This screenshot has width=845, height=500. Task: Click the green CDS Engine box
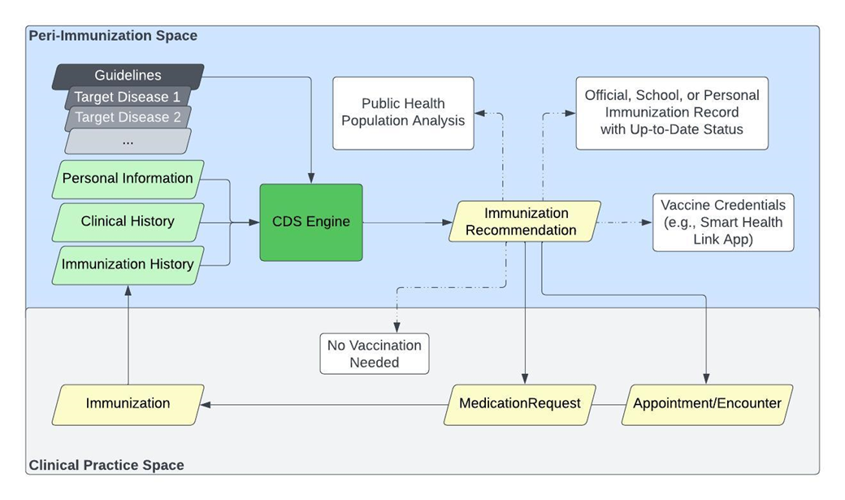[x=311, y=222]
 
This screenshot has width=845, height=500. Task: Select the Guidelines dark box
[x=128, y=76]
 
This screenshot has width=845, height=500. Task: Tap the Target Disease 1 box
[x=128, y=98]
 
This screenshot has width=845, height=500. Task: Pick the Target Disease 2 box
[x=128, y=118]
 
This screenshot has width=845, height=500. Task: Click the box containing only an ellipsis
[x=128, y=141]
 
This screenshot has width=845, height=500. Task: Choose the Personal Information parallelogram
[x=128, y=179]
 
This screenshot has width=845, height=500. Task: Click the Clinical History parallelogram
[x=128, y=221]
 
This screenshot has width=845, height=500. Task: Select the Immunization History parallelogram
[x=128, y=264]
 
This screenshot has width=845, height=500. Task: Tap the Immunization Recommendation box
[x=526, y=221]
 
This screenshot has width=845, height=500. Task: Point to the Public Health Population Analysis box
[x=403, y=113]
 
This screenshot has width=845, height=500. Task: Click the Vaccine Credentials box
[x=723, y=222]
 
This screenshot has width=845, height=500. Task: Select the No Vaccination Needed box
[x=375, y=354]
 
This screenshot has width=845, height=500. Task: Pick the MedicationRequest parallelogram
[x=520, y=404]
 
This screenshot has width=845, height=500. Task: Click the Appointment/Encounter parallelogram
[x=707, y=404]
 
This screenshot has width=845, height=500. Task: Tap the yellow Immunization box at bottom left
[x=128, y=404]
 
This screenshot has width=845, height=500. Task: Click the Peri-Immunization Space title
[x=113, y=36]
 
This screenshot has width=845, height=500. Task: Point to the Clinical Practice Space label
[x=106, y=465]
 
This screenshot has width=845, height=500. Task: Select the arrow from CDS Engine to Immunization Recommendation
[x=405, y=222]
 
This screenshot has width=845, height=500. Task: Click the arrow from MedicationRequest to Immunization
[x=325, y=404]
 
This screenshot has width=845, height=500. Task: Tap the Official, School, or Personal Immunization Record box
[x=672, y=113]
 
